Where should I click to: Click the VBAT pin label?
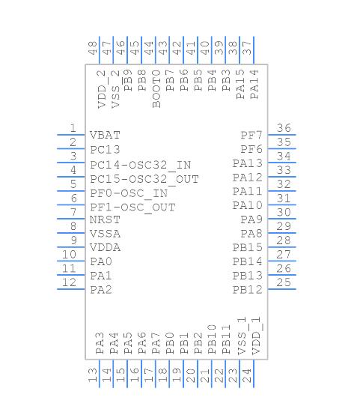[x=105, y=136]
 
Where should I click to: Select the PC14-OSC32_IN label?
[x=140, y=165]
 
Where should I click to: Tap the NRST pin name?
[x=105, y=220]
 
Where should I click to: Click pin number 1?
[x=73, y=128]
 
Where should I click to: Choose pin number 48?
[x=92, y=49]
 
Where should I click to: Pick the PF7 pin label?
[x=251, y=136]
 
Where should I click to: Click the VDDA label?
[x=105, y=248]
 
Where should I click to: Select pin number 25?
[x=283, y=282]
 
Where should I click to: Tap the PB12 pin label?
[x=247, y=290]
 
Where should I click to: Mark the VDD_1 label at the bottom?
[x=256, y=338]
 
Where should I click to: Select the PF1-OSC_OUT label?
[x=132, y=207]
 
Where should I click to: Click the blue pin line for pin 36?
[x=283, y=136]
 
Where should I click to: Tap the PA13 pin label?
[x=247, y=164]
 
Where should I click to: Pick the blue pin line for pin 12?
[x=72, y=290]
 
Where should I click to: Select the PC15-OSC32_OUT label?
[x=144, y=179]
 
